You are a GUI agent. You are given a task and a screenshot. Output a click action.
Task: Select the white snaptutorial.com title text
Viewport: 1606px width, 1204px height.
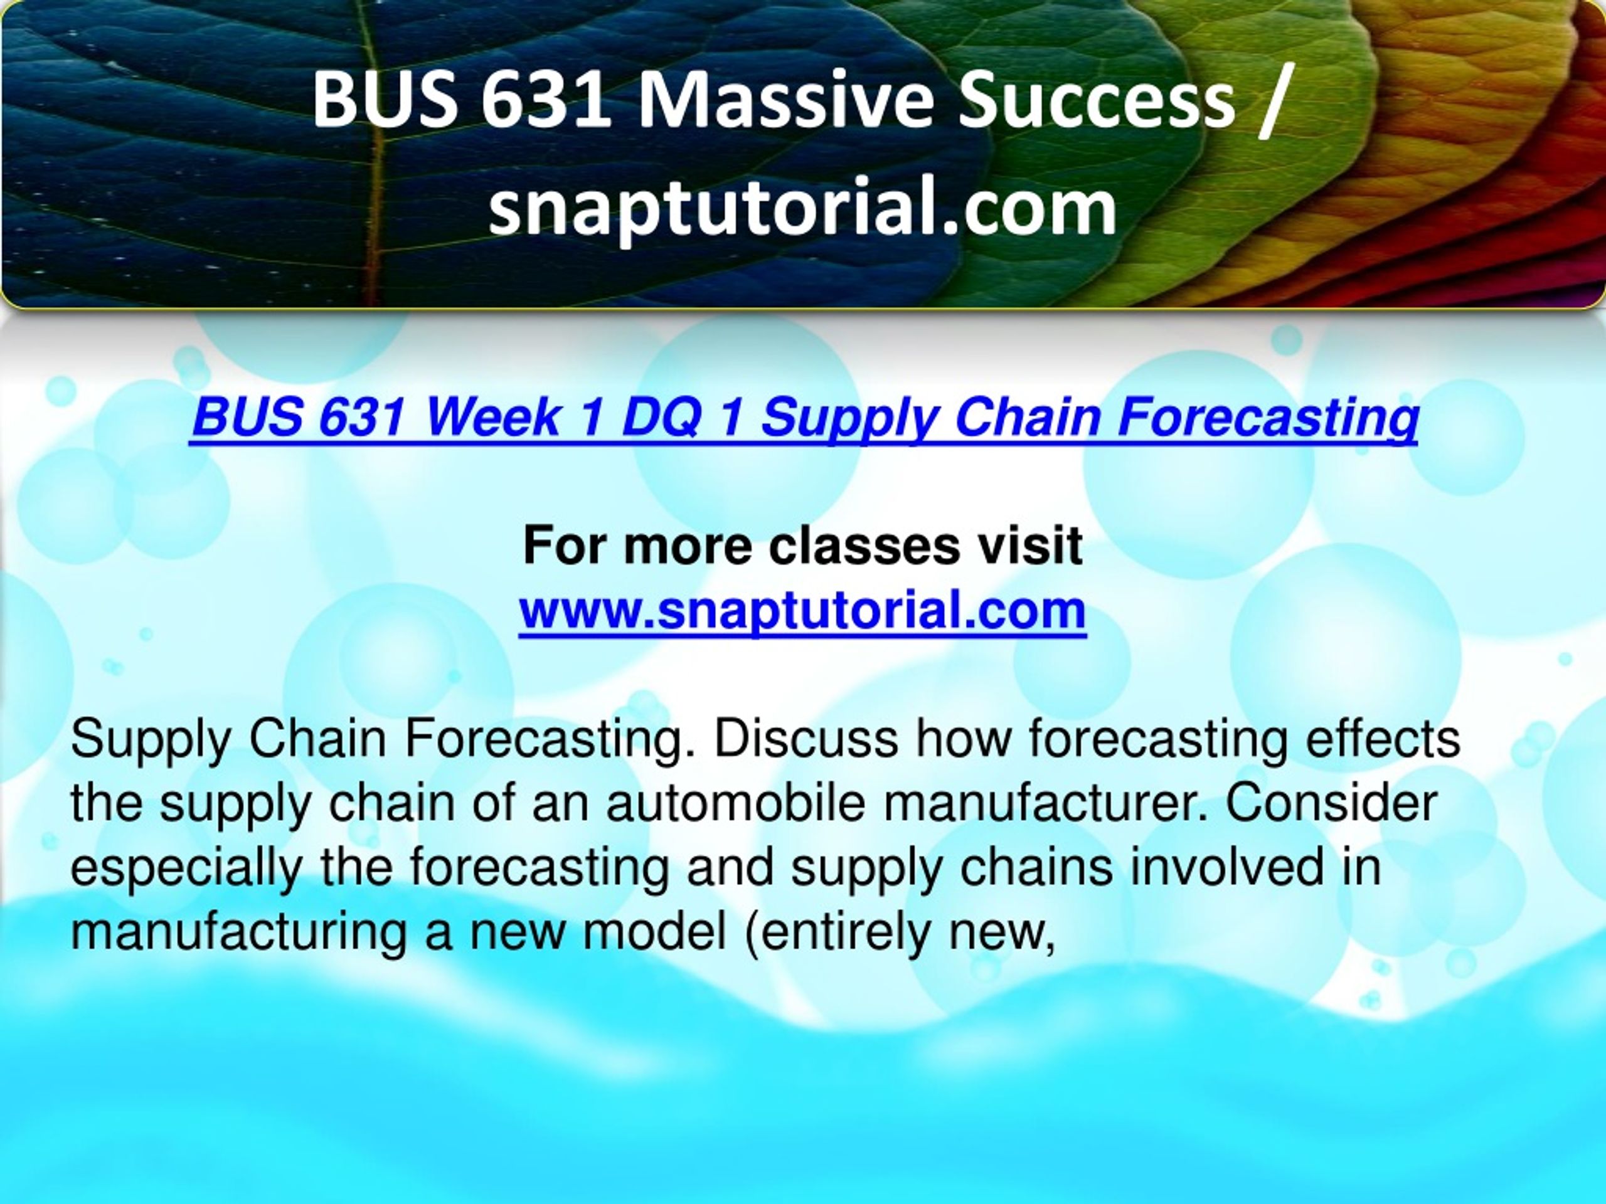pyautogui.click(x=802, y=209)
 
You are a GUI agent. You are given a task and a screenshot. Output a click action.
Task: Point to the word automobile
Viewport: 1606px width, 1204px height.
pyautogui.click(x=735, y=803)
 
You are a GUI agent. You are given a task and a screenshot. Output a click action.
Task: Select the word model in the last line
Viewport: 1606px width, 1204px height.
pyautogui.click(x=655, y=932)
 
